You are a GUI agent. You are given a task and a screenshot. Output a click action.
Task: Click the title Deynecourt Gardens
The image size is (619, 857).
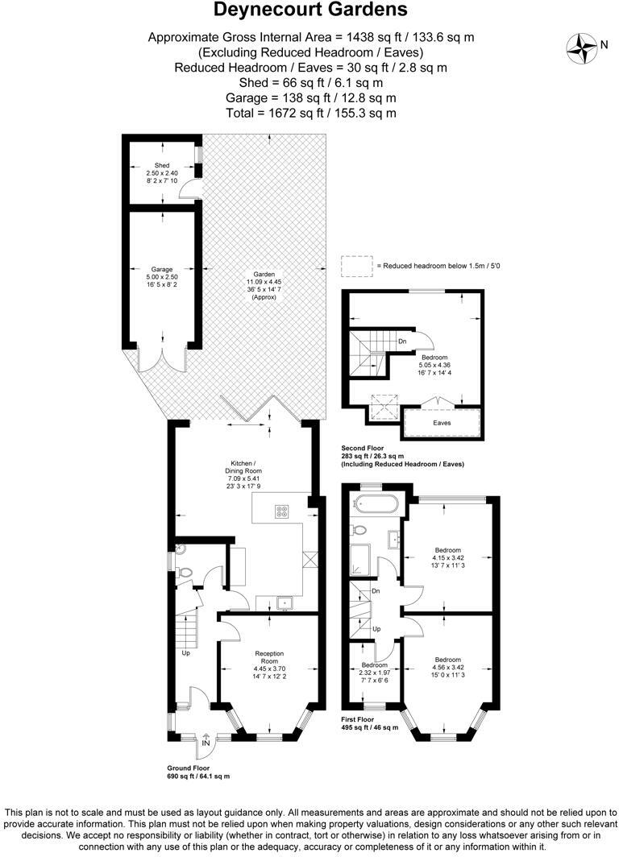310,10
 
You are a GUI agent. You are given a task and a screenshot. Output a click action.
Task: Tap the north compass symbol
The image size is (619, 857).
580,47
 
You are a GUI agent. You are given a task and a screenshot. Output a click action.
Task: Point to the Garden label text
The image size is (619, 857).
264,285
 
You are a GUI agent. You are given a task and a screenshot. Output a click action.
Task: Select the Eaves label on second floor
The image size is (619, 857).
441,422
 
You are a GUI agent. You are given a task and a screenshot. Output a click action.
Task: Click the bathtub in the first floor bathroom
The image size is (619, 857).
376,506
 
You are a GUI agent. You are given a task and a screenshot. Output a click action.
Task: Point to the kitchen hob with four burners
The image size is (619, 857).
282,510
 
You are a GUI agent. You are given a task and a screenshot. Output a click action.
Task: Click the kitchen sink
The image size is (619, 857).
284,601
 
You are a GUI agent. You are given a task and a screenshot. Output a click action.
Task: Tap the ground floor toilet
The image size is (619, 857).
186,572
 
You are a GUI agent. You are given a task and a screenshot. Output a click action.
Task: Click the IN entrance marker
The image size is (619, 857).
206,743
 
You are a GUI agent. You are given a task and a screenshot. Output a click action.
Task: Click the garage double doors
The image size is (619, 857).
163,359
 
